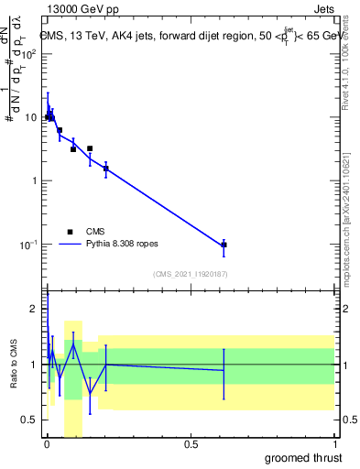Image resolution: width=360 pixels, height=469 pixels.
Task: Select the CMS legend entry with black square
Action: pyautogui.click(x=70, y=232)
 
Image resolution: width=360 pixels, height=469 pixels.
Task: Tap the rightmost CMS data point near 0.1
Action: pyautogui.click(x=224, y=245)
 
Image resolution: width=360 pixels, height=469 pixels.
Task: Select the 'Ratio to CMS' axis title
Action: pyautogui.click(x=12, y=365)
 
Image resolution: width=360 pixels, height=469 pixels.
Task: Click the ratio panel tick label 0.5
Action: pyautogui.click(x=30, y=420)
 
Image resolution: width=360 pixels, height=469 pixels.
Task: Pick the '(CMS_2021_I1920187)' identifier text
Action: pyautogui.click(x=190, y=274)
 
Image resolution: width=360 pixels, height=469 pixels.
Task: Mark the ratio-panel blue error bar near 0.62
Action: pyautogui.click(x=224, y=373)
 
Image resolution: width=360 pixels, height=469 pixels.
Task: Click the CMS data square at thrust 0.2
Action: pyautogui.click(x=106, y=169)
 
